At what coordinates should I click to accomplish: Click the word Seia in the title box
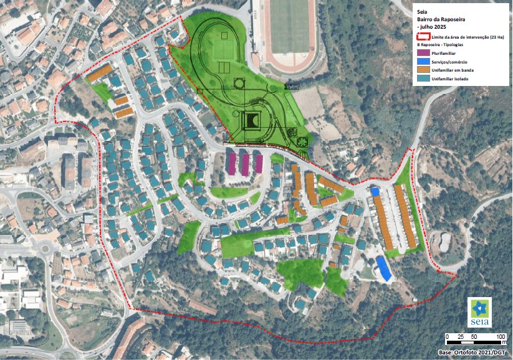coord(423,11)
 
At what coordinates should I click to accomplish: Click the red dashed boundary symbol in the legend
coord(424,38)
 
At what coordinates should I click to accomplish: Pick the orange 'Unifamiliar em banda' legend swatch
coord(424,71)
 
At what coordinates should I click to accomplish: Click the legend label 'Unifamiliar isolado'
coord(453,79)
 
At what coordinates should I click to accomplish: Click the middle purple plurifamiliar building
coord(245,163)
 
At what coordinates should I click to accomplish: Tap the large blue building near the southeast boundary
coord(383,268)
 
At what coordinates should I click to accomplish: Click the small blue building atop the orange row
coord(375,192)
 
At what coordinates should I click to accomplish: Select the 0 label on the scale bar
coord(448,336)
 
